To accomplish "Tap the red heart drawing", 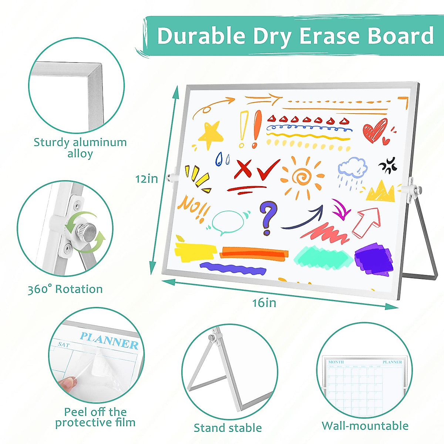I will [x=375, y=131].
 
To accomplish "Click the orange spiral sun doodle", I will [x=302, y=177].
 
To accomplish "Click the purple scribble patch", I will [x=374, y=259].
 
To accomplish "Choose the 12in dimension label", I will [x=147, y=179].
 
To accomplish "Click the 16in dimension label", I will [x=264, y=303].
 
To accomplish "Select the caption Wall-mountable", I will [x=365, y=426].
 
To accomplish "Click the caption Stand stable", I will [x=228, y=428].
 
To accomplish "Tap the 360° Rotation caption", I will [x=65, y=289].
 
